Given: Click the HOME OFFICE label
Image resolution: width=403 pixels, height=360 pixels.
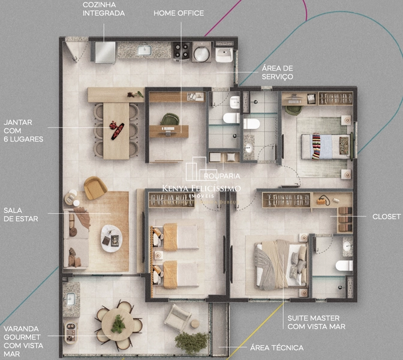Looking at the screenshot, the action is click(x=179, y=13).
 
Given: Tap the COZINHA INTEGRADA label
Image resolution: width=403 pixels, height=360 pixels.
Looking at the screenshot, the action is click(x=104, y=9).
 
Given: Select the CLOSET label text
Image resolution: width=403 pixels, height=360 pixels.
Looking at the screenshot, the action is click(x=386, y=217).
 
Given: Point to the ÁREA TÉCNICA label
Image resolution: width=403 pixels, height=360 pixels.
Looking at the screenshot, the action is click(x=277, y=347).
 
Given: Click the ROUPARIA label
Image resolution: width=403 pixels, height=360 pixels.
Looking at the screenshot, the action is click(x=222, y=176).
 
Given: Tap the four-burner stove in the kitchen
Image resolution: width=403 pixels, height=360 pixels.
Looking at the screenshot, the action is click(x=182, y=50).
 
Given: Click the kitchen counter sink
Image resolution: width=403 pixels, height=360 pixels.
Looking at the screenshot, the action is click(x=145, y=50).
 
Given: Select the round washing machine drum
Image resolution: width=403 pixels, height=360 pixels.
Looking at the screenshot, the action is click(x=201, y=54).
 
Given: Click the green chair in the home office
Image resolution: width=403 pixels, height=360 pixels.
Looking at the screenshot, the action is click(x=170, y=119).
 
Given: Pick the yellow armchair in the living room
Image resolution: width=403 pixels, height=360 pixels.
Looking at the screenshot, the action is click(x=95, y=188).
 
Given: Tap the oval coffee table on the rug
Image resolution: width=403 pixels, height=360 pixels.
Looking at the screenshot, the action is click(x=112, y=238).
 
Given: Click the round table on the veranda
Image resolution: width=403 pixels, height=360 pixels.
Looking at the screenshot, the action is click(x=118, y=325).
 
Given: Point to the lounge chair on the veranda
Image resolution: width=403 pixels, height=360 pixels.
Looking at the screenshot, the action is click(x=178, y=318).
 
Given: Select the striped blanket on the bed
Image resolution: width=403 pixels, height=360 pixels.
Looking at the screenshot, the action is click(x=316, y=146).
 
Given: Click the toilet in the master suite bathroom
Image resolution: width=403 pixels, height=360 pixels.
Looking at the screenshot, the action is click(x=344, y=266).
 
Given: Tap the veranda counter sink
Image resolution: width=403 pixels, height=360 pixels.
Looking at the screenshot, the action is click(x=71, y=299).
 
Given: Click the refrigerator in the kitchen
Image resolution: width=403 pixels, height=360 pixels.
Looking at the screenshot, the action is click(x=105, y=52).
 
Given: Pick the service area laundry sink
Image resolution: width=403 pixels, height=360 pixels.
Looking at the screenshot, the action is click(x=224, y=55).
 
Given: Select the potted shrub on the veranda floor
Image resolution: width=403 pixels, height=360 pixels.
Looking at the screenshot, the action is click(x=191, y=342).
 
